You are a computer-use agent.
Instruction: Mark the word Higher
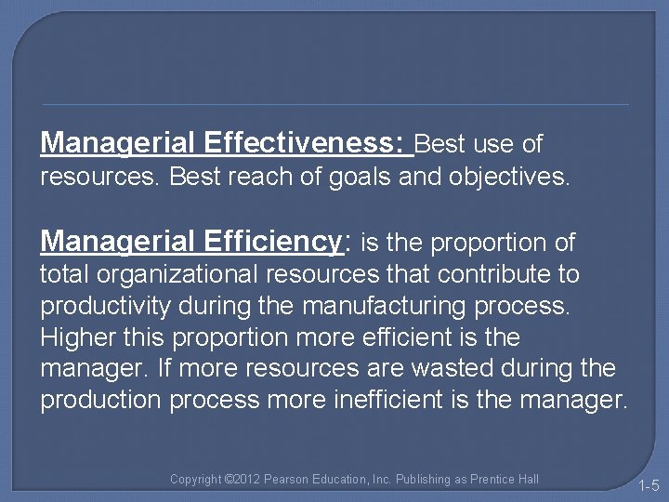point(77,337)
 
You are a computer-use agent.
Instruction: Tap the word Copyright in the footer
point(196,480)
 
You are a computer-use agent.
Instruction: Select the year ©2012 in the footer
point(243,480)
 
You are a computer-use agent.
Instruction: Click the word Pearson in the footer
point(287,480)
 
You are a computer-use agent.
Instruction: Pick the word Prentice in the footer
point(491,480)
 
